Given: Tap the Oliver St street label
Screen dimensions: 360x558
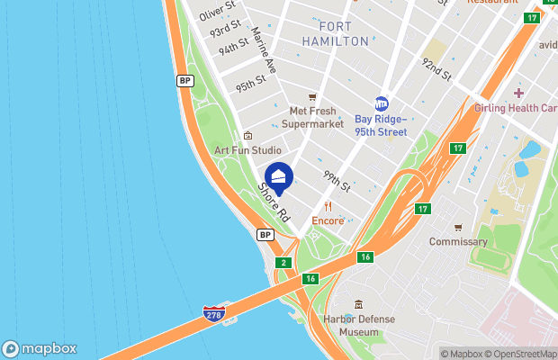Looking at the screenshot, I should click(x=217, y=11).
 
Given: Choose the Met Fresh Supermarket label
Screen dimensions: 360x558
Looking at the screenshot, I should click(x=312, y=117).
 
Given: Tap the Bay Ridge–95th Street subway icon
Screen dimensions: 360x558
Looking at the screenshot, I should click(x=381, y=103).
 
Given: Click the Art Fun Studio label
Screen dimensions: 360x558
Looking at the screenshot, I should click(x=247, y=149).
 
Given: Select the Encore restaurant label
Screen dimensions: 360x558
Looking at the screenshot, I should click(x=328, y=220).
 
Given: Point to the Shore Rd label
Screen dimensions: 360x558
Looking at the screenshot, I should click(x=273, y=203).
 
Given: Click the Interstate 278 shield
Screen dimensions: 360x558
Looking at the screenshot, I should click(x=213, y=314).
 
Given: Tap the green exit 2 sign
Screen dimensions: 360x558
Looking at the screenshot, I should click(x=283, y=263).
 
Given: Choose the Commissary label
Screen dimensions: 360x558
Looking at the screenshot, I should click(x=458, y=241).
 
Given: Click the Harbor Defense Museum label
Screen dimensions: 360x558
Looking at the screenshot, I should click(x=359, y=325).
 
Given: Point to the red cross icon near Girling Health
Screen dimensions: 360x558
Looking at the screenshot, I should click(x=518, y=94).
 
